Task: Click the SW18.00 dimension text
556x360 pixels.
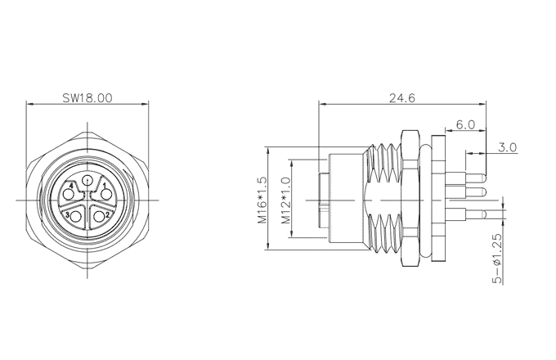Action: (87, 97)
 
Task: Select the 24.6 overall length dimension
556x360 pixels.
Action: (402, 97)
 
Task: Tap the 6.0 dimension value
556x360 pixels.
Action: (465, 124)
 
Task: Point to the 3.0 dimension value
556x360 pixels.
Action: (508, 147)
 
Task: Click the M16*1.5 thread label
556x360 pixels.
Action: (262, 200)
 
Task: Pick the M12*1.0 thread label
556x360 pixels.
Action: (286, 200)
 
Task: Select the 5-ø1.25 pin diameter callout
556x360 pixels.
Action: (498, 259)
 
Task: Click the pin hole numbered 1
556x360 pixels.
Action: (106, 195)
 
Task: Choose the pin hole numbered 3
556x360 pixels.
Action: (76, 216)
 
